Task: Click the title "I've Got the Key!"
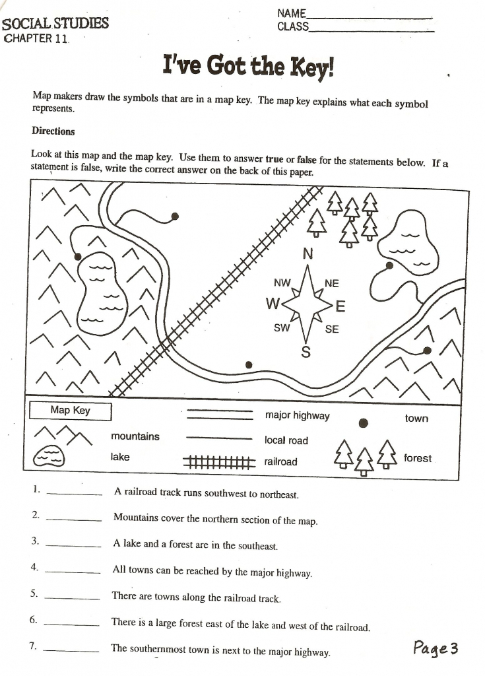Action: click(248, 67)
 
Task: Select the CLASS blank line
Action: click(372, 31)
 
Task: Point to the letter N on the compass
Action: click(307, 253)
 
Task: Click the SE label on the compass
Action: click(332, 329)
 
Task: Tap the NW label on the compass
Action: click(282, 283)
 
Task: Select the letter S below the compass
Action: click(306, 352)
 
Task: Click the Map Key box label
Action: click(70, 411)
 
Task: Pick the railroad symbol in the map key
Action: click(219, 462)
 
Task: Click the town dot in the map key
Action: click(363, 422)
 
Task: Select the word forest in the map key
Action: click(417, 458)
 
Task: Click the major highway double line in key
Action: click(219, 415)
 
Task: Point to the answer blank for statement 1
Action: click(75, 494)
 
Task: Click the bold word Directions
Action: click(53, 131)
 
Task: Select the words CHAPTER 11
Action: click(36, 38)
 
